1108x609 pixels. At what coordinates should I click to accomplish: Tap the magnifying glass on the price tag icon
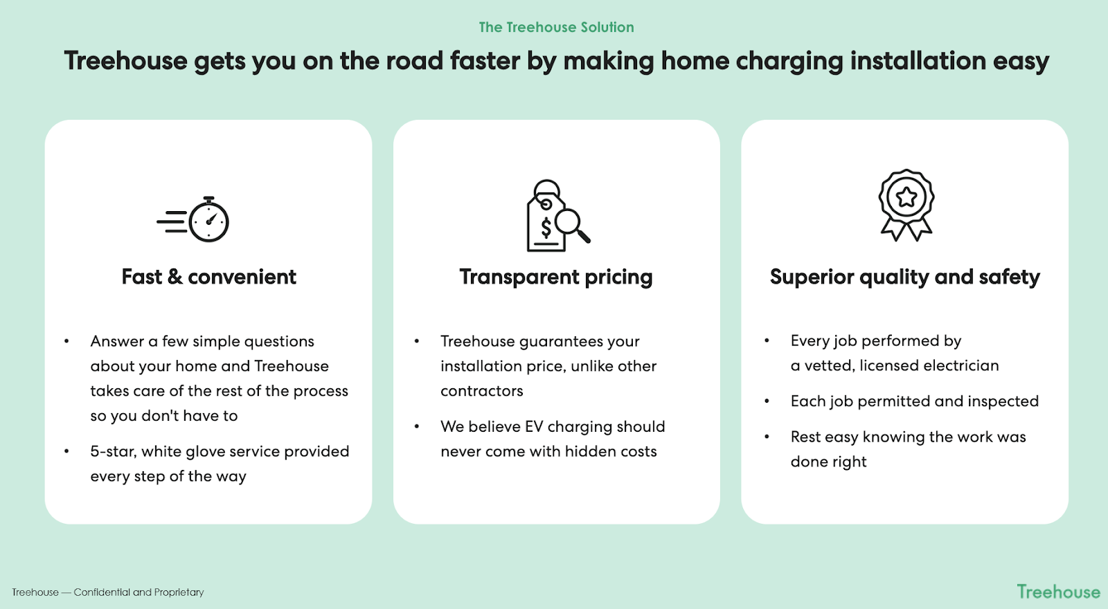(572, 226)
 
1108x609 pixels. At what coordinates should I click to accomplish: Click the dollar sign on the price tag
(546, 228)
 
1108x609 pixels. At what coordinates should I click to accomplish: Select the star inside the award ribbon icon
(906, 197)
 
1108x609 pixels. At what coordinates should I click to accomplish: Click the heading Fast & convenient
(208, 277)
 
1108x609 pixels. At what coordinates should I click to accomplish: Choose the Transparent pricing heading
(556, 278)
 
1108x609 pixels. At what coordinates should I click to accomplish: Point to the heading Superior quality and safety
(904, 278)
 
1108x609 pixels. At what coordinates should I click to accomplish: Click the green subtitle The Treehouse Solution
(556, 27)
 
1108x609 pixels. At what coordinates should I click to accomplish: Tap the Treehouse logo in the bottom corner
(1058, 592)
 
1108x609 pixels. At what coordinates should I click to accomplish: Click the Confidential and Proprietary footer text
(138, 592)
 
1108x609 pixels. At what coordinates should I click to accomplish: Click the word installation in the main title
(918, 61)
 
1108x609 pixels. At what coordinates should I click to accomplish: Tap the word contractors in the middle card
(482, 391)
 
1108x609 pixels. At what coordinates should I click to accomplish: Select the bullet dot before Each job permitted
(767, 401)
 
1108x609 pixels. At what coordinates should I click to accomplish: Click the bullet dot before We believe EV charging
(417, 426)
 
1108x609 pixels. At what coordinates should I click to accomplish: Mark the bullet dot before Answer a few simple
(66, 341)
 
